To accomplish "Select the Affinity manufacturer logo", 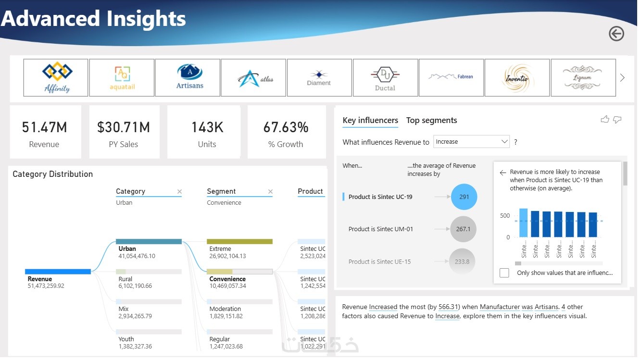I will (x=56, y=77).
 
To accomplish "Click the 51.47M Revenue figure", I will (x=44, y=127).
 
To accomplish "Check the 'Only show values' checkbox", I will (x=504, y=273).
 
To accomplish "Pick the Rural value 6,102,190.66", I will (x=135, y=286).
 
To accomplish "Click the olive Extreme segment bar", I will (x=239, y=241).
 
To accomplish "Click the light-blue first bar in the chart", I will (x=523, y=223).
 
